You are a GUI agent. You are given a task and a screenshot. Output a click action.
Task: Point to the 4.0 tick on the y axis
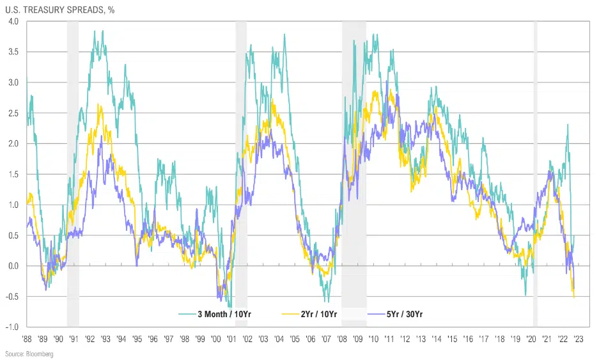(x=14, y=22)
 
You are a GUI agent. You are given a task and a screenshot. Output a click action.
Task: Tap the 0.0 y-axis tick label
(x=14, y=266)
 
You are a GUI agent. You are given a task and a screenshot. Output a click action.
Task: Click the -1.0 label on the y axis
(x=13, y=327)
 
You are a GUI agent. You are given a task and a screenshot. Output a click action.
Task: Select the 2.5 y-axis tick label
(x=14, y=113)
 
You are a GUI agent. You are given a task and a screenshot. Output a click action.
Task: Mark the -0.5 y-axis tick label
(x=13, y=297)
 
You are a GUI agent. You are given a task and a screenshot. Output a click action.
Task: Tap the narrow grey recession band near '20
(x=535, y=173)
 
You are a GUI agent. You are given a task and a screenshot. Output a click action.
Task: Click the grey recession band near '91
(x=73, y=173)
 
